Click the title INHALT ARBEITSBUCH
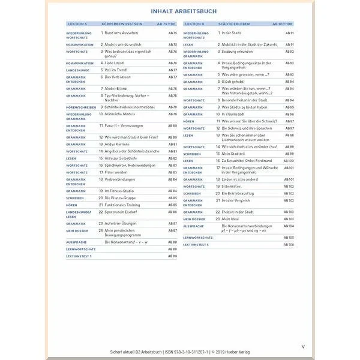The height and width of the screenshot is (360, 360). [x=181, y=11]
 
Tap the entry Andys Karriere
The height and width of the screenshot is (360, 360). [x=118, y=145]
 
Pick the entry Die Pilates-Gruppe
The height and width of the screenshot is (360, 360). [x=121, y=197]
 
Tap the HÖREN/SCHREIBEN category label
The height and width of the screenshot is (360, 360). [x=80, y=107]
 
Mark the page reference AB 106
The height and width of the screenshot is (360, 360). [x=290, y=245]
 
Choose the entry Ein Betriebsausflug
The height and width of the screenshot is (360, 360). [x=239, y=193]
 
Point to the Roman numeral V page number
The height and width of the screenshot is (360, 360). [x=303, y=346]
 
